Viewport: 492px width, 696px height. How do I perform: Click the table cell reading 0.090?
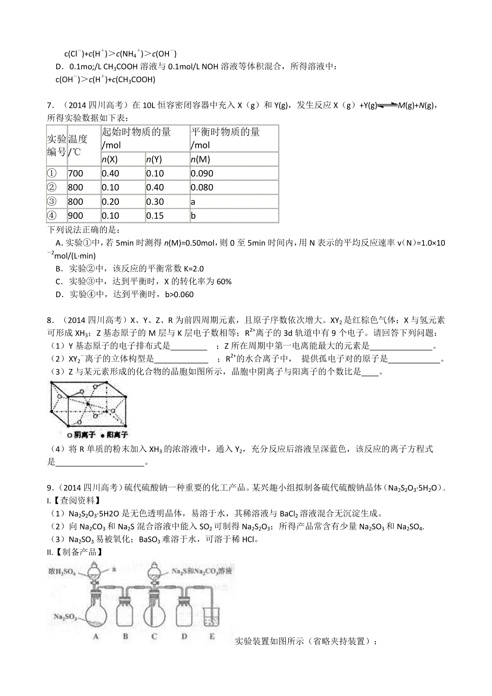click(x=202, y=173)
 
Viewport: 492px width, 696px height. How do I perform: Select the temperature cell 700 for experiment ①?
click(x=76, y=173)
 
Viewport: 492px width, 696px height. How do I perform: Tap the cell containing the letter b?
click(x=194, y=216)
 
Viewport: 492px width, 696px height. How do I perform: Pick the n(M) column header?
click(x=200, y=159)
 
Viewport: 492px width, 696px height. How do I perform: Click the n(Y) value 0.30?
click(x=155, y=202)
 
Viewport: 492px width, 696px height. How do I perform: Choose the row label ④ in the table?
click(x=52, y=216)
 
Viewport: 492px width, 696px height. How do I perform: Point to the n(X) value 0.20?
click(x=110, y=202)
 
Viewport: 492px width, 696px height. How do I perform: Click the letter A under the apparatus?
click(x=96, y=636)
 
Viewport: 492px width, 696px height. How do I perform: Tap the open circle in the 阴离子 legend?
click(x=70, y=434)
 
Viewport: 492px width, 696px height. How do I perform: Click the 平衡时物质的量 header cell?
click(x=225, y=132)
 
